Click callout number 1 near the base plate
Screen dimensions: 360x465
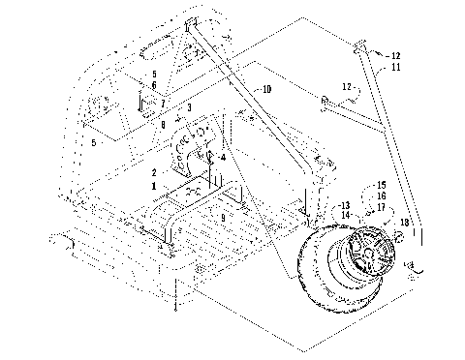pos(152,183)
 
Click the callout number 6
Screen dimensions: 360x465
pos(152,85)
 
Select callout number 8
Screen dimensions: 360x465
pos(163,125)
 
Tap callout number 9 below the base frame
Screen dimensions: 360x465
pos(222,219)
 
